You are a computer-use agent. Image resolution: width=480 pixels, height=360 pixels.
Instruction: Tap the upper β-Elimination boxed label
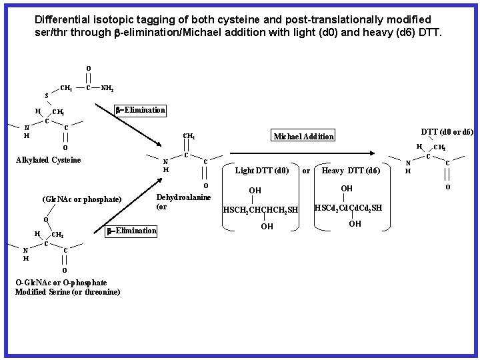point(140,110)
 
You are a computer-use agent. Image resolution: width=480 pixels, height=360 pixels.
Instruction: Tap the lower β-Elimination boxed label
point(131,231)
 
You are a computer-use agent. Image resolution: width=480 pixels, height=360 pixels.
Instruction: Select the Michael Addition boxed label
point(303,136)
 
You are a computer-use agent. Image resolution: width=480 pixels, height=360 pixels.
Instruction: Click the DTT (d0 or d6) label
point(447,132)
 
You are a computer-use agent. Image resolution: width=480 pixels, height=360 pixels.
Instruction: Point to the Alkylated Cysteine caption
point(48,160)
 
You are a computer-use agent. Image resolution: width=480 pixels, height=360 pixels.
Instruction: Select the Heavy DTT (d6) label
point(351,171)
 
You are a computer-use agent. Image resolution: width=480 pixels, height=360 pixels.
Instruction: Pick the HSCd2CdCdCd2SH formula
point(348,208)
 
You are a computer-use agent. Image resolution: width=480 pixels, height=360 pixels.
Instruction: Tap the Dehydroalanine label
point(183,197)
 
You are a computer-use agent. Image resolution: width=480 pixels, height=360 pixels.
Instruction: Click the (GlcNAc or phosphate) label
point(81,199)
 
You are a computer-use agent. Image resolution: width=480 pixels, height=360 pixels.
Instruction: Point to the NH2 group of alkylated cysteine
point(107,87)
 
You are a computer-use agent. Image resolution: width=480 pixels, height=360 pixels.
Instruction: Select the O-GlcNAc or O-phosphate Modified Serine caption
point(67,287)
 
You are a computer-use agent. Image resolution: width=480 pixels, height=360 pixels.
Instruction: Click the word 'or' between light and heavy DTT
point(306,171)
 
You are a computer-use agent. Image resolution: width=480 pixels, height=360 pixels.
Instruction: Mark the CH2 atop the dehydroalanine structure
point(189,136)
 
